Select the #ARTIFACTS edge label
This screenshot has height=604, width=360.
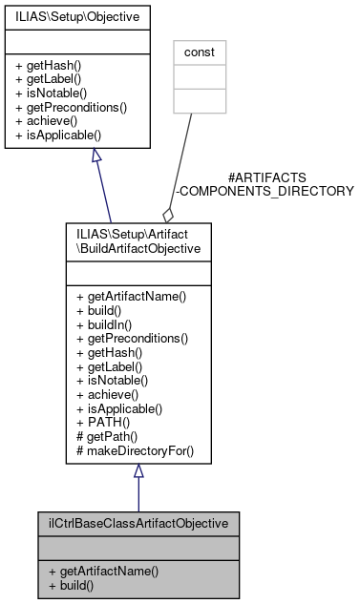coord(267,177)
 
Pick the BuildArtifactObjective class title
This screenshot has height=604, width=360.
coord(138,239)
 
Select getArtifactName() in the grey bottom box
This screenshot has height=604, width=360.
coord(102,571)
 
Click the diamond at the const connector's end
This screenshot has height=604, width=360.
coord(167,215)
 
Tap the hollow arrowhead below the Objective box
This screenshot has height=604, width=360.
coord(96,156)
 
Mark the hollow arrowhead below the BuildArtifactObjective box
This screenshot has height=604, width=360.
coord(138,471)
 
